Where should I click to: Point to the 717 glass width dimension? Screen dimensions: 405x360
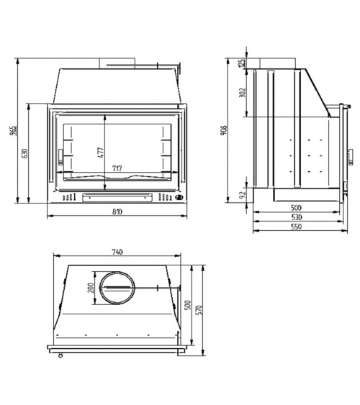click(117, 169)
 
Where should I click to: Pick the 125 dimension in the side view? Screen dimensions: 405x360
click(243, 63)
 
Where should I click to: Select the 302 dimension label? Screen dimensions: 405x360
click(243, 92)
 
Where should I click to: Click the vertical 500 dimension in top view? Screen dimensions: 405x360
click(189, 306)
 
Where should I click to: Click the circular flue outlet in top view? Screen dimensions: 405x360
click(116, 288)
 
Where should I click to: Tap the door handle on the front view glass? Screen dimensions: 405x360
click(60, 153)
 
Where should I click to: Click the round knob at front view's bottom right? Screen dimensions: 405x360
click(179, 198)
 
